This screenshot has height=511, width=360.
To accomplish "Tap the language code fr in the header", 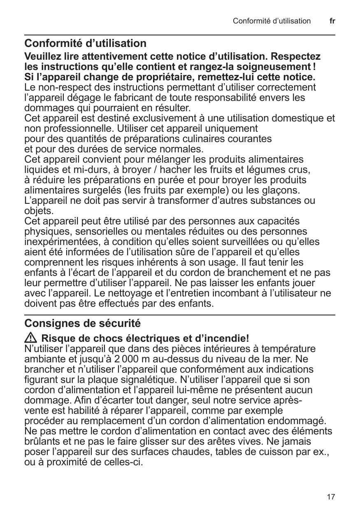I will click(x=332, y=21).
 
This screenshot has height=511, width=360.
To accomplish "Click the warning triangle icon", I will click(x=30, y=338).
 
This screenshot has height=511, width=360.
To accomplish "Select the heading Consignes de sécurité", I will click(x=83, y=324).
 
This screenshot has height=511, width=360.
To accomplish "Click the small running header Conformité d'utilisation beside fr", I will click(x=272, y=21).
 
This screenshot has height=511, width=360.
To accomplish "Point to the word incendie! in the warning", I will click(x=228, y=338).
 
